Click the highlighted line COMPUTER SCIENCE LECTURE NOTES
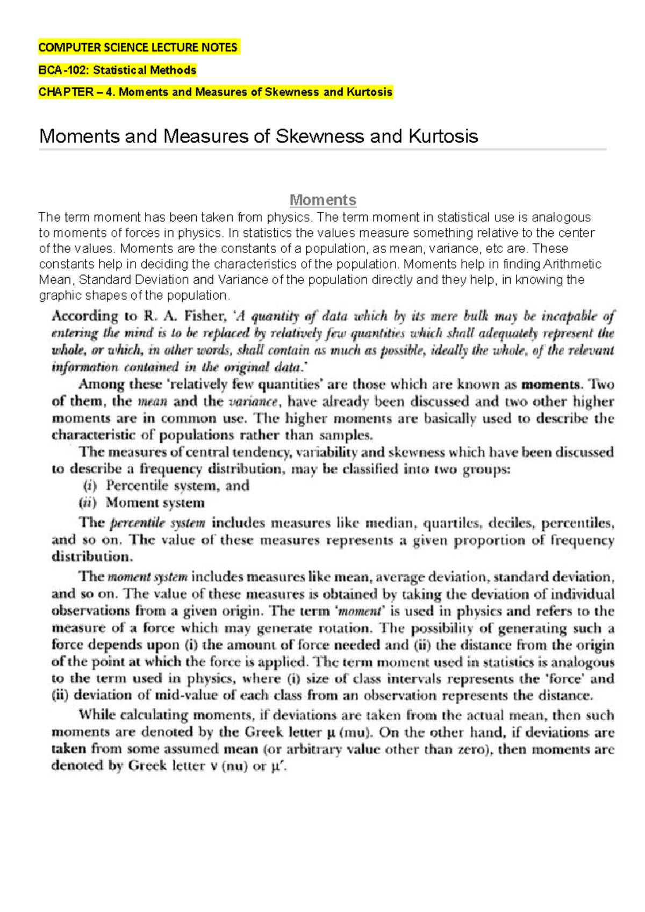(x=138, y=47)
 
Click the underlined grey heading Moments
(x=322, y=200)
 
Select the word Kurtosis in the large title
(x=443, y=136)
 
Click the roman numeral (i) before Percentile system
(x=90, y=486)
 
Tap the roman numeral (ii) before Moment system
(x=88, y=503)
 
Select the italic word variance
(x=253, y=402)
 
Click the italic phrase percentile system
(x=157, y=523)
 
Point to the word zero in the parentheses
(x=473, y=749)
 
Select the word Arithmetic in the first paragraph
(x=572, y=264)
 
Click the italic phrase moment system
(x=147, y=577)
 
